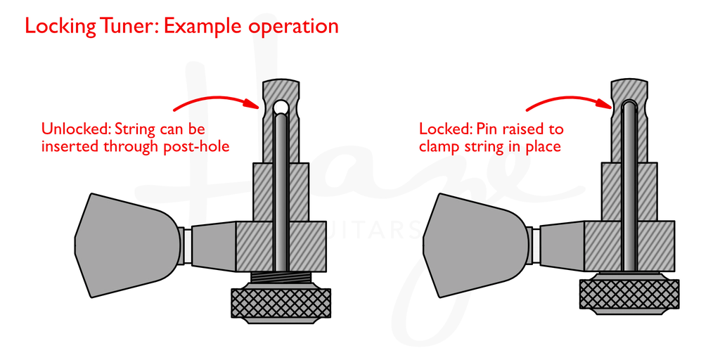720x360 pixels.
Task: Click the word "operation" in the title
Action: [x=293, y=27]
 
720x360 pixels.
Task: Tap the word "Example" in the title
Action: [x=203, y=27]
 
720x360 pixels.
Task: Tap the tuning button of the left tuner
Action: [x=127, y=244]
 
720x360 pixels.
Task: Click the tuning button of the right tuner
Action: [x=475, y=244]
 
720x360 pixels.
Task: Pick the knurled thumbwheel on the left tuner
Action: [x=281, y=302]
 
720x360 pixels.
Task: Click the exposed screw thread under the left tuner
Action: [x=281, y=278]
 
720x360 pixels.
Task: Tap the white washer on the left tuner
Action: [x=188, y=245]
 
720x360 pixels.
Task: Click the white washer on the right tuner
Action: [x=536, y=245]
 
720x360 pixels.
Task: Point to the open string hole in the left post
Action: [x=281, y=107]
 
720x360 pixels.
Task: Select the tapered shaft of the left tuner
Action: [x=214, y=245]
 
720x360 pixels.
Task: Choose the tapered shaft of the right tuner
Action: [x=562, y=245]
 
